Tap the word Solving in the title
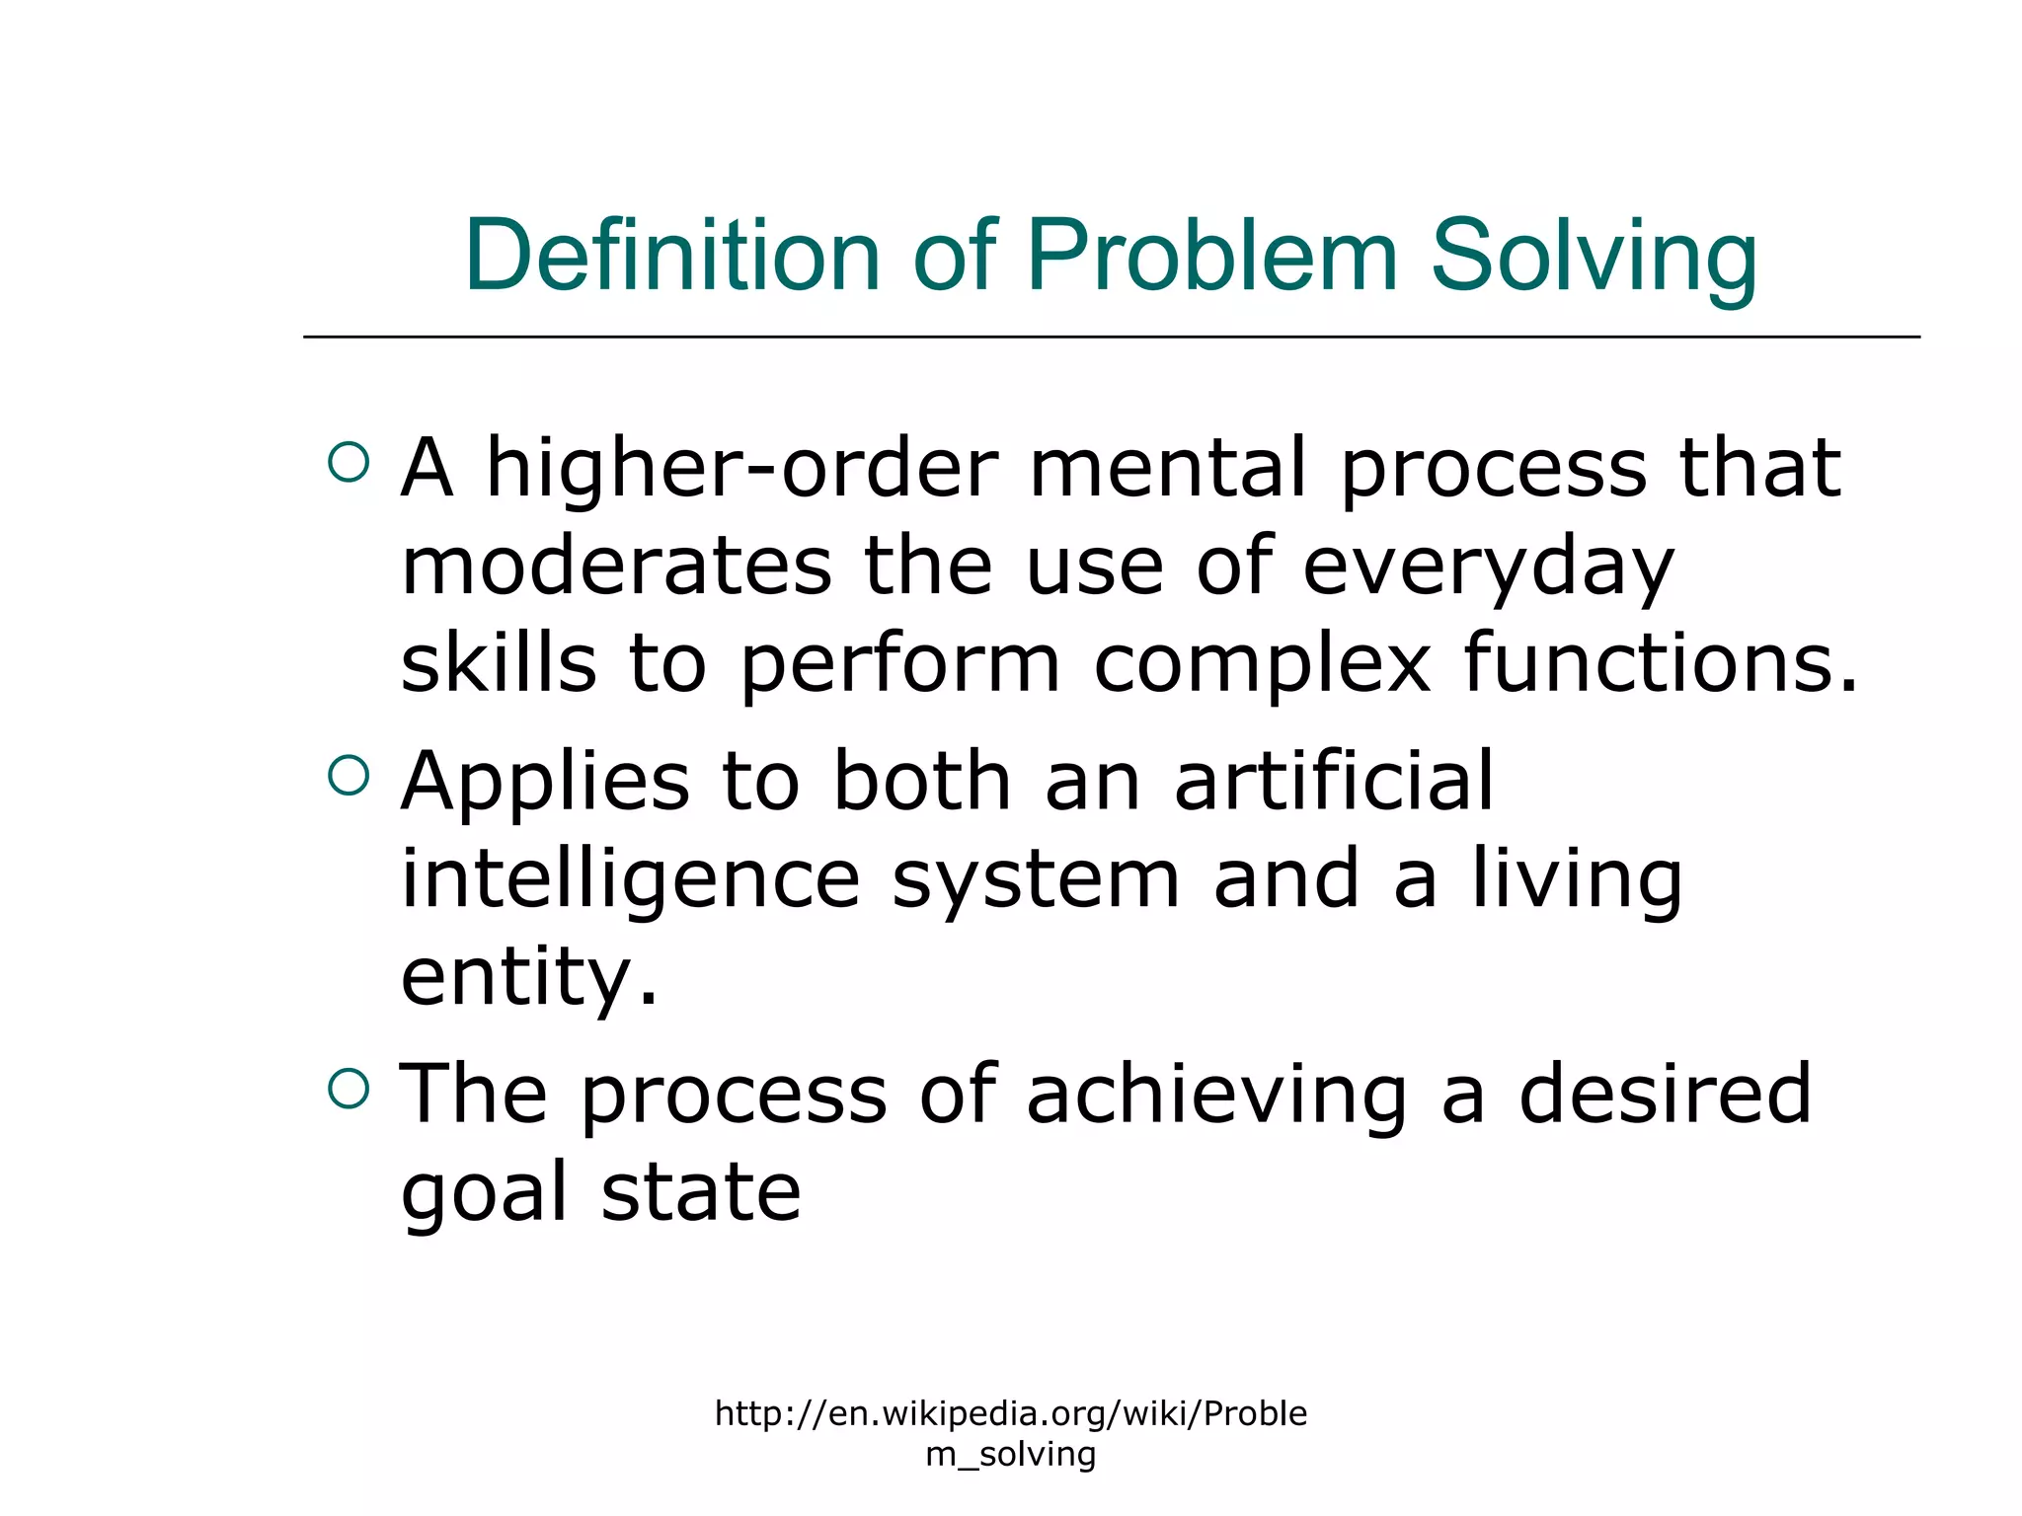[x=1594, y=257]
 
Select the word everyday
[x=1488, y=570]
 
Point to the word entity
[x=528, y=977]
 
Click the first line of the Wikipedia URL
[x=1011, y=1413]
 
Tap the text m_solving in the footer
[x=1011, y=1454]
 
